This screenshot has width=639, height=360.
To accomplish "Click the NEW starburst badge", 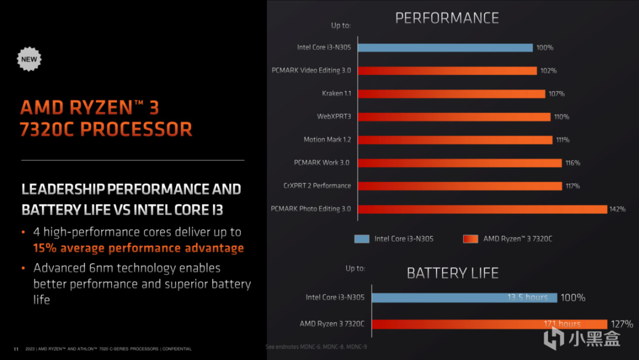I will click(x=29, y=59).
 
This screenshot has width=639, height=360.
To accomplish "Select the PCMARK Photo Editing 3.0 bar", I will click(x=482, y=209).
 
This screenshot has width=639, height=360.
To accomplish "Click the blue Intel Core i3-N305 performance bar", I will click(x=445, y=47).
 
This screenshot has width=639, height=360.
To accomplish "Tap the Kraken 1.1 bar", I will click(x=451, y=94).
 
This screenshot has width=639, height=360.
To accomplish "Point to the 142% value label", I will click(x=617, y=209).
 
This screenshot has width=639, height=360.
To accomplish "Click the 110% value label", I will click(x=561, y=117).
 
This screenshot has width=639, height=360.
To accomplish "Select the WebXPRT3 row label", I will click(x=334, y=117).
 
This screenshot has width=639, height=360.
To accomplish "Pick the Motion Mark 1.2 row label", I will click(x=327, y=140).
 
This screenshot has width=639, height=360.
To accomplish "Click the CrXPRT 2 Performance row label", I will click(x=317, y=186).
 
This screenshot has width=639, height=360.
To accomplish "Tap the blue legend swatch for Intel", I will click(x=362, y=239).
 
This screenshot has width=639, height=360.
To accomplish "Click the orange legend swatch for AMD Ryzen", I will click(x=470, y=239).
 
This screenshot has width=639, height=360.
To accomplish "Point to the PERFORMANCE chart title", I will click(x=447, y=18).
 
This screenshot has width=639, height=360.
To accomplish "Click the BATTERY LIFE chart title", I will click(x=453, y=273).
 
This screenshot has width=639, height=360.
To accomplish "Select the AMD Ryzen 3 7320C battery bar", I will click(x=489, y=324).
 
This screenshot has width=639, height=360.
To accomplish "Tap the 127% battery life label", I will click(x=622, y=324).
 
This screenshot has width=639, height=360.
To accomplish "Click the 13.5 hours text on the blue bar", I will click(x=527, y=297).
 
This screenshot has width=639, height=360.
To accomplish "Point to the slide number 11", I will click(x=16, y=348).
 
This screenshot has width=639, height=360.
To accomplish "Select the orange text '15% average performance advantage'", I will click(x=138, y=248).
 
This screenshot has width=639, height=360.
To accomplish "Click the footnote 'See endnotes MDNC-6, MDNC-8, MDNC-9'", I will click(x=316, y=346).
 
